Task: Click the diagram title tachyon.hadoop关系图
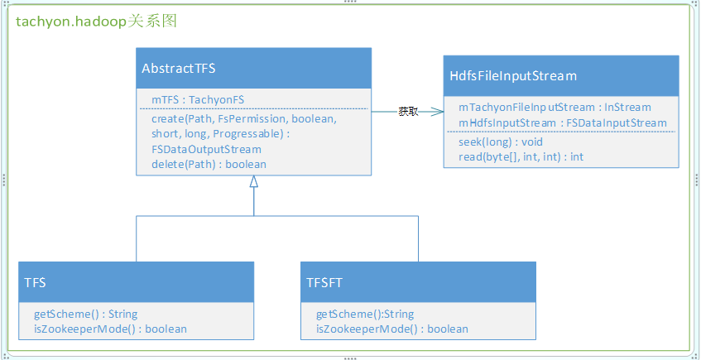click(x=97, y=22)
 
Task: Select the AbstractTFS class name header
click(x=179, y=69)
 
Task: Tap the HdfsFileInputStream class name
click(x=513, y=76)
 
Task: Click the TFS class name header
click(x=36, y=283)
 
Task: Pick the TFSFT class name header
click(x=324, y=283)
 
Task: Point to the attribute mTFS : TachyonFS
click(x=198, y=100)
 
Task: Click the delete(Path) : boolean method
click(x=209, y=164)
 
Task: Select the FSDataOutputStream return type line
click(x=206, y=149)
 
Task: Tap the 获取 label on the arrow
click(x=408, y=112)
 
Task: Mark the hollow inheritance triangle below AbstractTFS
click(x=254, y=180)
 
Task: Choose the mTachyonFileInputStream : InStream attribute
click(x=555, y=108)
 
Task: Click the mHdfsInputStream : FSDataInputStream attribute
click(x=563, y=122)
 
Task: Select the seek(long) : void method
click(x=500, y=142)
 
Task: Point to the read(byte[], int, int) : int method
click(x=521, y=157)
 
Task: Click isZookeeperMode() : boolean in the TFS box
click(x=110, y=329)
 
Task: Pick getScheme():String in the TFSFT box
click(x=365, y=314)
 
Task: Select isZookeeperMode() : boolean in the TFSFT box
click(x=392, y=329)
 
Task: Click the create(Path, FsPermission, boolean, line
click(x=243, y=119)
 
